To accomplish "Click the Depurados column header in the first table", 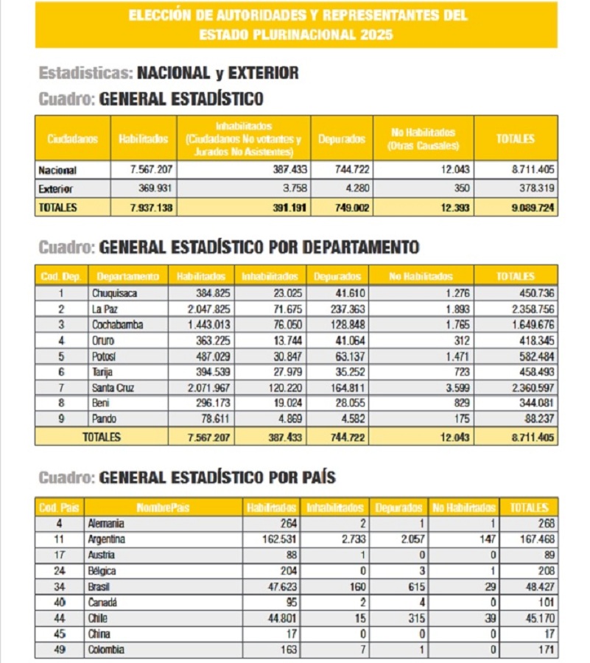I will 342,138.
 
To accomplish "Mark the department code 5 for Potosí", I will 61,356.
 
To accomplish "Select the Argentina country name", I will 107,539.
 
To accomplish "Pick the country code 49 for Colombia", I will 60,650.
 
